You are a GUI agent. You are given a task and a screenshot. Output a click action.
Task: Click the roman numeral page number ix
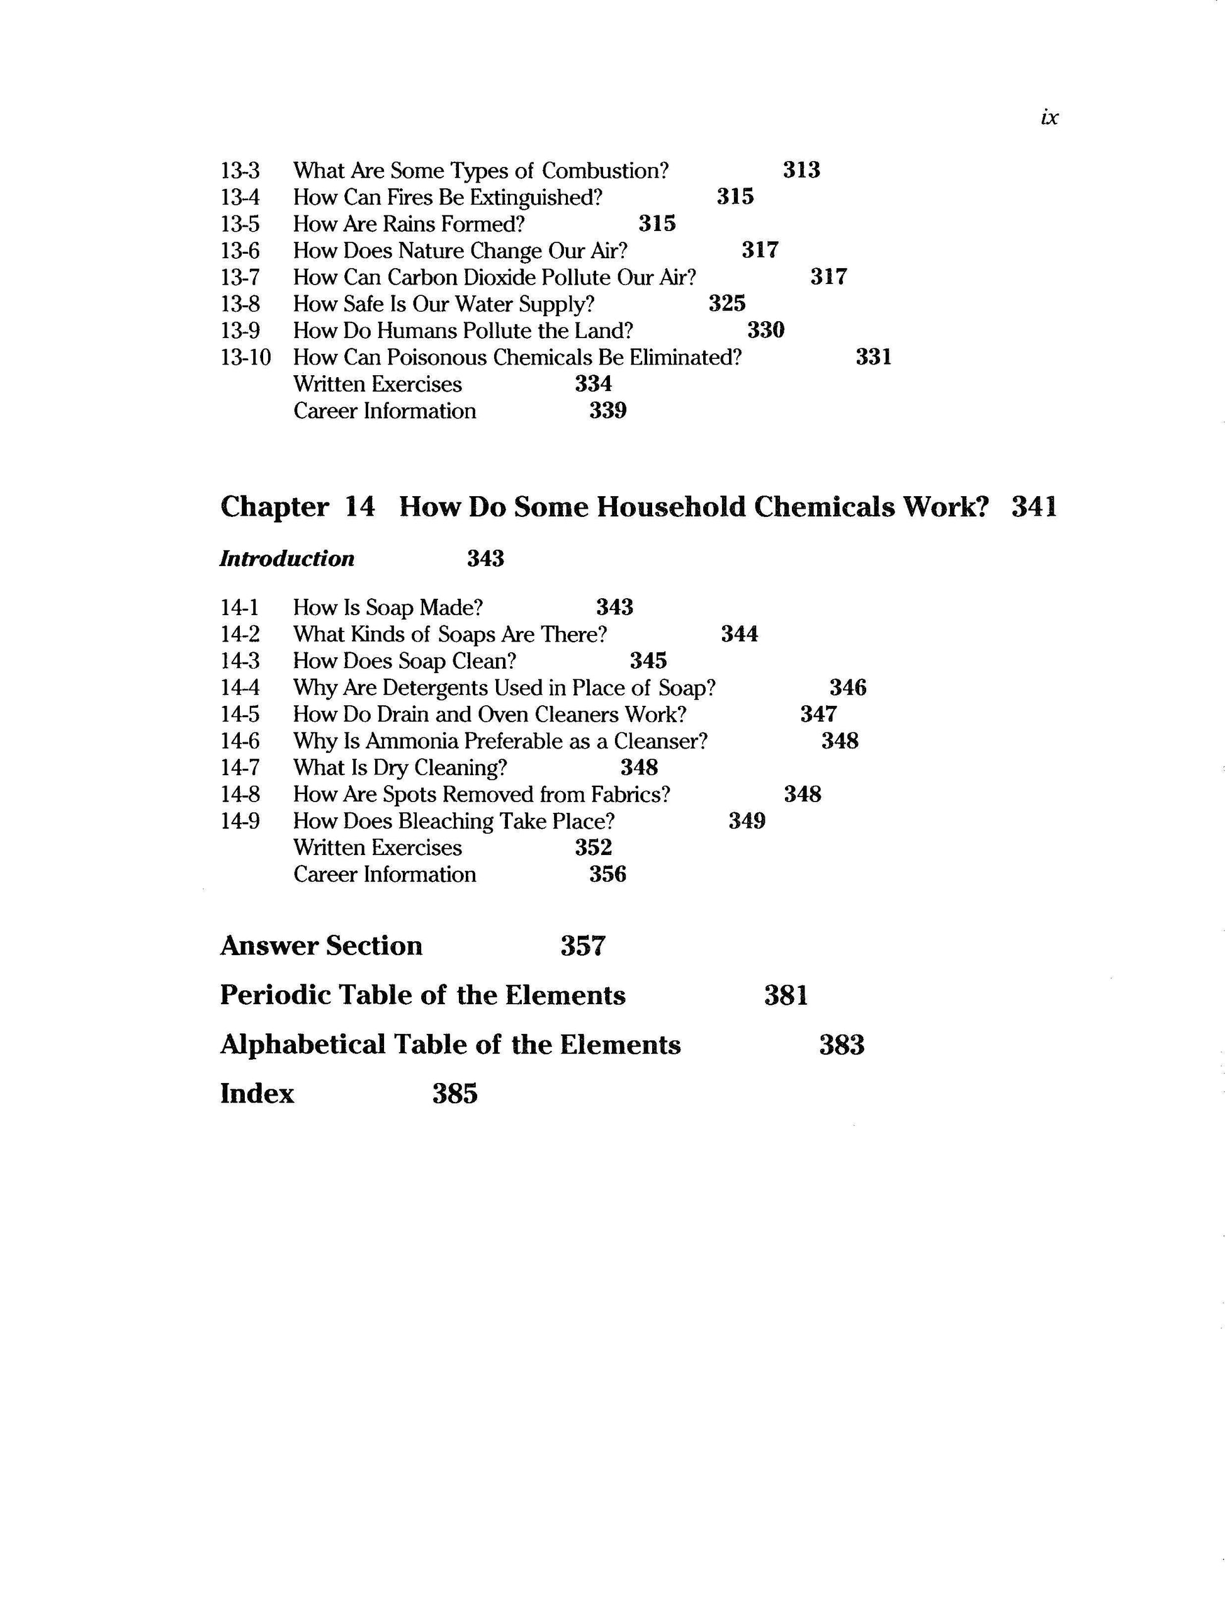[1049, 117]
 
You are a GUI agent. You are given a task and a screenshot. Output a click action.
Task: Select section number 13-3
[240, 171]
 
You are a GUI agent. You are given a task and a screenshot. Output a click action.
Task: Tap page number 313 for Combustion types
[801, 170]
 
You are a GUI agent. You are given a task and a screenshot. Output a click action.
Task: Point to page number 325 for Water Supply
[727, 303]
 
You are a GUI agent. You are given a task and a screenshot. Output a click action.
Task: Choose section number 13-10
[245, 358]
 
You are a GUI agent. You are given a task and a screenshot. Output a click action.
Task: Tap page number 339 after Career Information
[607, 411]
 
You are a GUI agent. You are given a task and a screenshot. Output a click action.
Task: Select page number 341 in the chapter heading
[1034, 507]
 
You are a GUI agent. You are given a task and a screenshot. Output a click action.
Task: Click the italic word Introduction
[287, 558]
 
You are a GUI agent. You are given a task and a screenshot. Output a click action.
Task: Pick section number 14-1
[239, 608]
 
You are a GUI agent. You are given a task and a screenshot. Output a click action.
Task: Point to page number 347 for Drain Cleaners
[818, 714]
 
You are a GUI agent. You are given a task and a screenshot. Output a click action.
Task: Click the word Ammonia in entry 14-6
[412, 741]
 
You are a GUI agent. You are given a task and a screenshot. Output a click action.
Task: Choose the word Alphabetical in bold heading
[302, 1045]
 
